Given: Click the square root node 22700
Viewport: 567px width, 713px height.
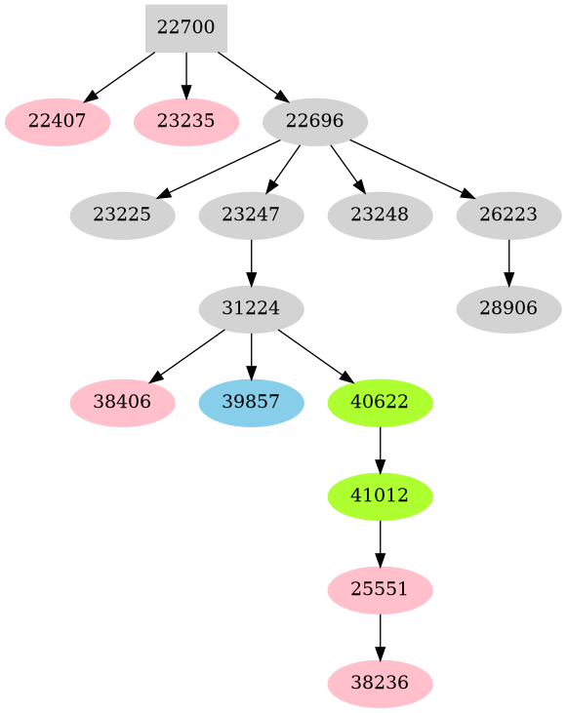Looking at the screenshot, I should [x=185, y=28].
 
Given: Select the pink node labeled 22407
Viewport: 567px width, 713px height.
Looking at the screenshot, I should [x=57, y=122].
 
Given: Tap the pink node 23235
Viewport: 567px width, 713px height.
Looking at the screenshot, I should [x=185, y=122].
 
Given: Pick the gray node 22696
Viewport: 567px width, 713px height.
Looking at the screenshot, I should [x=314, y=122].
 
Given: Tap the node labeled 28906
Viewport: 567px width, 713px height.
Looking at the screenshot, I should [x=508, y=309].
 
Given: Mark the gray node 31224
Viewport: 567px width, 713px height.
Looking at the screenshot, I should [x=251, y=309].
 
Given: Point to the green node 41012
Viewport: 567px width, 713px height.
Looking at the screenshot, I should [x=380, y=496].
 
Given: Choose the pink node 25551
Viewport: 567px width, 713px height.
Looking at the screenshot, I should [x=380, y=590].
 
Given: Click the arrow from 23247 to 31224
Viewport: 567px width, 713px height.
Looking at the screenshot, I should [x=251, y=262].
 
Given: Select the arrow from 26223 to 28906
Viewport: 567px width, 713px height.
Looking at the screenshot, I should [x=508, y=262].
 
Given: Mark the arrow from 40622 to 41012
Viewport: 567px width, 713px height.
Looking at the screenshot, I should [x=380, y=450].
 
